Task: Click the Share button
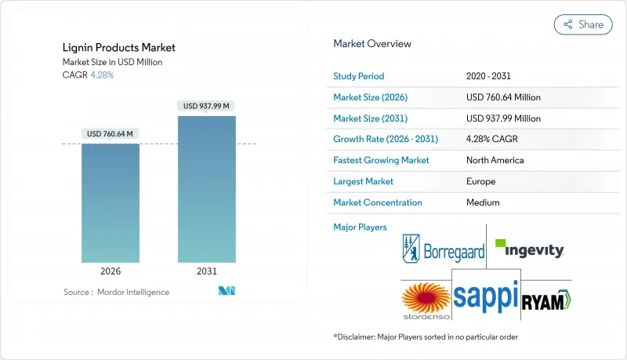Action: (x=583, y=24)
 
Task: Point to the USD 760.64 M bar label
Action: (x=111, y=133)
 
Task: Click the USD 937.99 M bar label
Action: (x=207, y=106)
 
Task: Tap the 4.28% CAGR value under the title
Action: (x=102, y=75)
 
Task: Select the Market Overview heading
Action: (x=371, y=44)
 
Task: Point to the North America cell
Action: (x=495, y=160)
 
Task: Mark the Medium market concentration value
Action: (x=483, y=202)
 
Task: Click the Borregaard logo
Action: (x=443, y=250)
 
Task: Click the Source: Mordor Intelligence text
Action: (x=116, y=292)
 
